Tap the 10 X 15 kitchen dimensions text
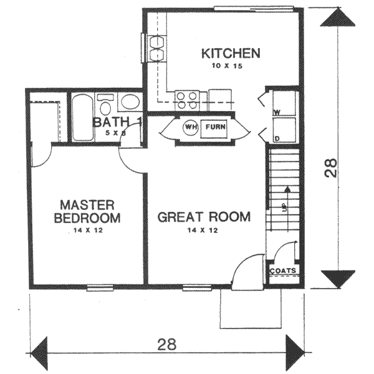click(x=231, y=67)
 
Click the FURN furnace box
click(x=215, y=128)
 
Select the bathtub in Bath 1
click(x=81, y=117)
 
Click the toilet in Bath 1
click(x=106, y=103)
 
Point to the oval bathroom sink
click(x=130, y=102)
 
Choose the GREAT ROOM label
click(x=204, y=217)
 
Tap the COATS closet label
click(x=283, y=271)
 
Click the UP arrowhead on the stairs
click(x=287, y=188)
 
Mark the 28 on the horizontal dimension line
click(x=167, y=344)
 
